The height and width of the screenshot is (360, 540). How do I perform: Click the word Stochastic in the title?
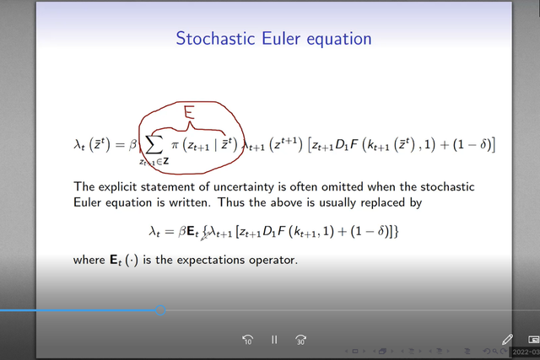point(216,38)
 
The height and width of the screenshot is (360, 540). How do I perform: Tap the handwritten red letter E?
point(189,112)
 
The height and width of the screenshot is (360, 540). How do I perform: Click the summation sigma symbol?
point(154,146)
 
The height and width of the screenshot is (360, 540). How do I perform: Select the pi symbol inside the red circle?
point(175,146)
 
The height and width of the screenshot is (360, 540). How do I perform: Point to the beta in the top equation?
point(133,144)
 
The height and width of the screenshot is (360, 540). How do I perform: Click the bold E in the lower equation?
point(192,231)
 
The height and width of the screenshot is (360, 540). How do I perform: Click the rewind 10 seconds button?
point(247,340)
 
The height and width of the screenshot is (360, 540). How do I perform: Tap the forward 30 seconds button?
point(300,340)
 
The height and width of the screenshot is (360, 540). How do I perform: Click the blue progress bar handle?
point(160,310)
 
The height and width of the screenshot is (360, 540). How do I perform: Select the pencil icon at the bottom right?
point(507,340)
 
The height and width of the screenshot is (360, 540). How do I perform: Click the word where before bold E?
point(89,260)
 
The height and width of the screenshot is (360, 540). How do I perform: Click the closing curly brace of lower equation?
point(396,231)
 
